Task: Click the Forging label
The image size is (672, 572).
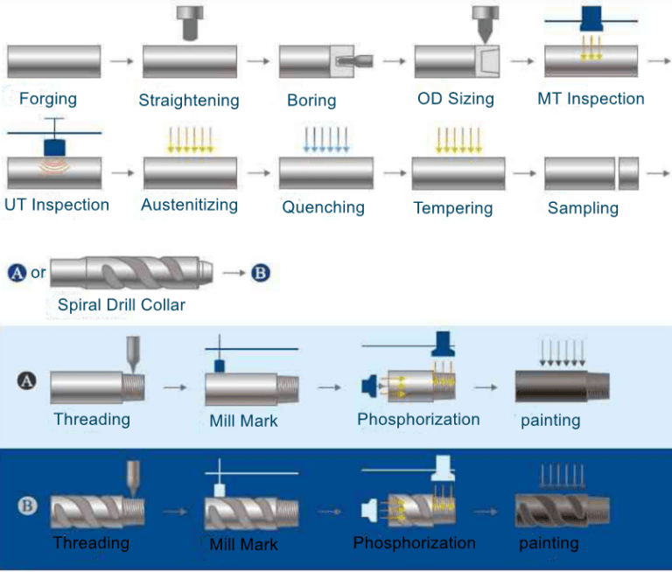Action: click(x=48, y=98)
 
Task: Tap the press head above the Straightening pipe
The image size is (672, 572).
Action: click(x=190, y=22)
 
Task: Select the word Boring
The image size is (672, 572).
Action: click(x=311, y=100)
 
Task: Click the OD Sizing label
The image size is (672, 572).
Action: click(x=456, y=99)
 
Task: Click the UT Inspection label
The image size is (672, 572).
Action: click(x=57, y=205)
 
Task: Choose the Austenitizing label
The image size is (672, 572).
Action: click(x=189, y=205)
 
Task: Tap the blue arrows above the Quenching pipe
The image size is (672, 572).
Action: click(x=326, y=140)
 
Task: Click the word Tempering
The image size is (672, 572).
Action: click(x=453, y=208)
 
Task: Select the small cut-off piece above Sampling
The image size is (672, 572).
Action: click(x=628, y=173)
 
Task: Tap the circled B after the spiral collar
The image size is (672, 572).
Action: click(x=261, y=273)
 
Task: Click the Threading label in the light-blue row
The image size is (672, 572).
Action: click(x=92, y=419)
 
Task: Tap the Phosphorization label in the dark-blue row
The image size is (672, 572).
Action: click(x=414, y=543)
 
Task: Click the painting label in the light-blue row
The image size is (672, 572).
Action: click(x=550, y=420)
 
